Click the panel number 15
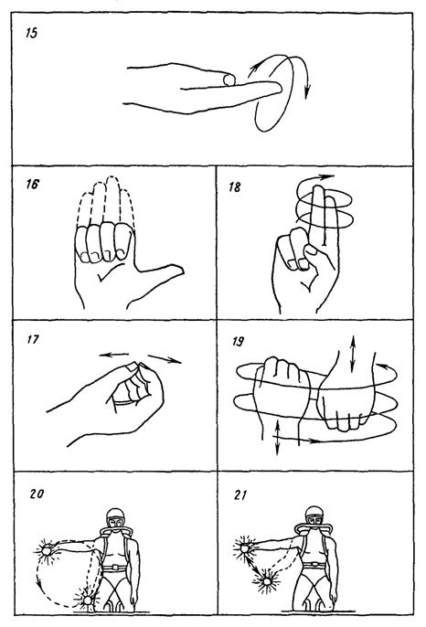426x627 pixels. click(x=31, y=33)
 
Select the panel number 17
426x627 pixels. click(x=33, y=339)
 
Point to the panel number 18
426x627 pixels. click(x=235, y=187)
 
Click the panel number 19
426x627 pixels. click(x=238, y=342)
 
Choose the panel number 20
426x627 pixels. click(x=37, y=494)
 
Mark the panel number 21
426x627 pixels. click(x=240, y=495)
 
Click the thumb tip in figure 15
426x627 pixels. click(x=229, y=80)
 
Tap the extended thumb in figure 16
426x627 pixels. click(x=160, y=273)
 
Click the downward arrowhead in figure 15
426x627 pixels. click(x=307, y=93)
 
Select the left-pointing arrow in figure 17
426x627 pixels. click(x=113, y=355)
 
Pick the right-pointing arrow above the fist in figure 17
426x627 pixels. click(x=165, y=358)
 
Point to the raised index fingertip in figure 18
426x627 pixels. click(x=318, y=190)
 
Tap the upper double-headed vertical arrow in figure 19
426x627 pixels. click(x=352, y=354)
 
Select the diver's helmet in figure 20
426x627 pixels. click(x=115, y=519)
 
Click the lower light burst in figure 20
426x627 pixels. click(x=88, y=600)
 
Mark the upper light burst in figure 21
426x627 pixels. click(x=245, y=547)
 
